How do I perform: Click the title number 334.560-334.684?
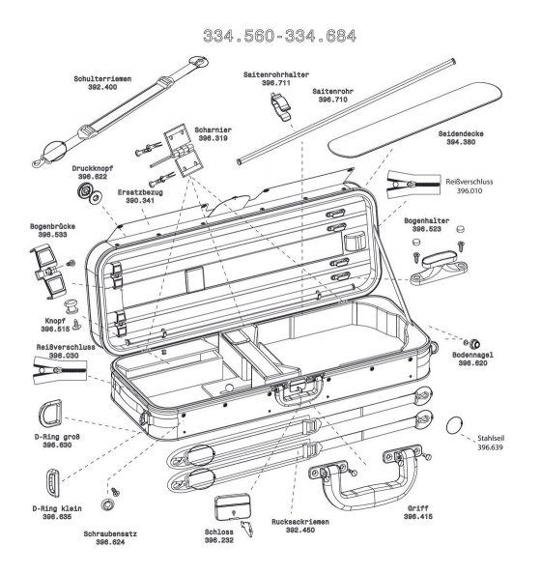point(279,36)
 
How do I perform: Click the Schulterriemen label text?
point(102,79)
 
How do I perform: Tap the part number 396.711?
point(276,83)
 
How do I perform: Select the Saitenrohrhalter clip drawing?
point(281,105)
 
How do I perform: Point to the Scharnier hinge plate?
point(183,150)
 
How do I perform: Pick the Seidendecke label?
point(461,134)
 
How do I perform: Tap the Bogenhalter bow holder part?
point(439,267)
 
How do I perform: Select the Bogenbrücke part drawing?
point(48,272)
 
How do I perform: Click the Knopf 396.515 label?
point(55,325)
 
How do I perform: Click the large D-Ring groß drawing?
point(50,414)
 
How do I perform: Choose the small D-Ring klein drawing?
point(53,483)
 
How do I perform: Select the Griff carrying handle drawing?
point(365,476)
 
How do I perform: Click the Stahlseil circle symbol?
point(454,425)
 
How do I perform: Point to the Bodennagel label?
point(472,355)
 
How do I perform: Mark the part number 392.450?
point(300,531)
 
